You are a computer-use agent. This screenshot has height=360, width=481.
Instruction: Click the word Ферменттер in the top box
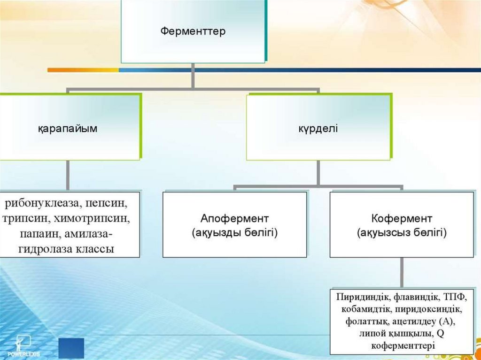(x=193, y=32)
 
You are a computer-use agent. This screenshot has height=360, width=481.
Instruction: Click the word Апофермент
(x=234, y=219)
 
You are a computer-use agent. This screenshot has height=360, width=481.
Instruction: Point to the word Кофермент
(x=402, y=219)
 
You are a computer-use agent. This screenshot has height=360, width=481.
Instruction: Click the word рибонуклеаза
(x=39, y=205)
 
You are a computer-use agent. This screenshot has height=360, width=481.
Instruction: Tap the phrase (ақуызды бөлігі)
(x=234, y=232)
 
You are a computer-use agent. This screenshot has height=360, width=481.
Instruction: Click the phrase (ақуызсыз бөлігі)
(x=402, y=232)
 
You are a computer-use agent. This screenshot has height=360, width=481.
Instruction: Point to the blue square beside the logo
(x=71, y=348)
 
